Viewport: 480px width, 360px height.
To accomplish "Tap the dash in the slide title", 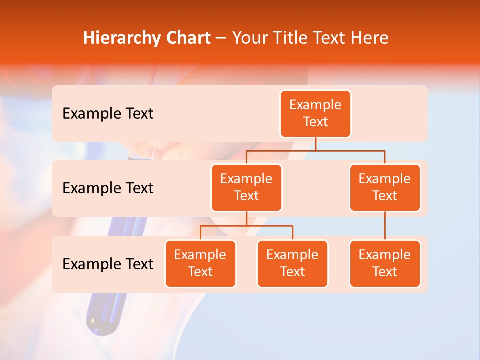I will pos(221,39).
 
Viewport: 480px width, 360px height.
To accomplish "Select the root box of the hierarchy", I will pos(315,113).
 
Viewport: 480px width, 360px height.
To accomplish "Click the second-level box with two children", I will pos(246,187).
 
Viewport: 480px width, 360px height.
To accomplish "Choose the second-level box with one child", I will pos(385,187).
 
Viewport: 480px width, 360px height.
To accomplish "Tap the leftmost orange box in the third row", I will pos(200,263).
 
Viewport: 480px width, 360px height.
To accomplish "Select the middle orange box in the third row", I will pos(292,263).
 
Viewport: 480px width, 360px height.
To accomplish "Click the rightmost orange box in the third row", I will pos(385,263).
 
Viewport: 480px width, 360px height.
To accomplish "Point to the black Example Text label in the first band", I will pos(108,114).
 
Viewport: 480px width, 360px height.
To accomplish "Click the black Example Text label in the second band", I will pos(108,188).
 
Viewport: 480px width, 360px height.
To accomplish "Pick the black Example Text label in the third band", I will pos(108,264).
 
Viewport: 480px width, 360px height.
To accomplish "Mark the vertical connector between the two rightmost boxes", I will pos(385,226).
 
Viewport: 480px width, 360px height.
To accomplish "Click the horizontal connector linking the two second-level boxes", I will pos(315,150).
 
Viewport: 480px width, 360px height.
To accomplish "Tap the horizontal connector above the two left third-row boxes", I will pos(246,226).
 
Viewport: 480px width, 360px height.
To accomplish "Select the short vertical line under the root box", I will pos(315,144).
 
